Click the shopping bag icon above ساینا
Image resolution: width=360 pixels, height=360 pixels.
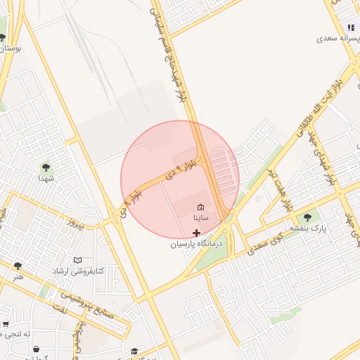click(x=201, y=207)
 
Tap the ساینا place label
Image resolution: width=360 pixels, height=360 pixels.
click(x=201, y=218)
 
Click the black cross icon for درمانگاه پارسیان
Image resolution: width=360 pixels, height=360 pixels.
click(x=196, y=232)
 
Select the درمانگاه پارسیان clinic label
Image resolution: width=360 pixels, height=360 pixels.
click(x=196, y=244)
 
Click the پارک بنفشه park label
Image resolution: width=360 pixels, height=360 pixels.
click(x=310, y=229)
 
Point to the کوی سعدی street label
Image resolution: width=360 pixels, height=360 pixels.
click(x=275, y=239)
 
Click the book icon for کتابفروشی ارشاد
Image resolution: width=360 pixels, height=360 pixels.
click(x=77, y=260)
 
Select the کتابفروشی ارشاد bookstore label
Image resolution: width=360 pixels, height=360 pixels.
click(x=77, y=271)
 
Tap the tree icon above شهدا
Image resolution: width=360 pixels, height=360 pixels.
click(x=46, y=167)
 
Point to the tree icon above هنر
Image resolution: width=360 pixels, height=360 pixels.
click(x=18, y=266)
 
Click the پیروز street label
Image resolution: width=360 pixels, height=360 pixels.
click(x=75, y=226)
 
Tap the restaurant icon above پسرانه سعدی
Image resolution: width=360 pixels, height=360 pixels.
click(x=349, y=27)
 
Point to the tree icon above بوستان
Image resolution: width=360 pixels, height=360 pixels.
click(x=3, y=37)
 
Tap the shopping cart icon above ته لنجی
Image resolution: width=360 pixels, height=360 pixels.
click(x=6, y=324)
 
